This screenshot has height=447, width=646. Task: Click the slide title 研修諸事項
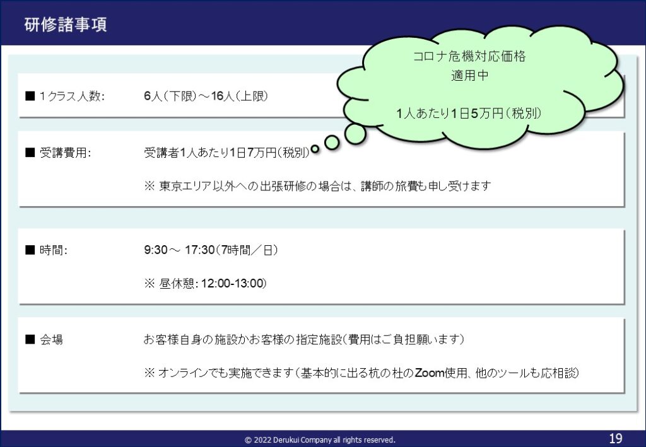66,25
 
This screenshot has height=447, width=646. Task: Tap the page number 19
616,438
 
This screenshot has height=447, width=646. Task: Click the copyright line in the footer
320,440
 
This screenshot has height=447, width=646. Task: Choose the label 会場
52,340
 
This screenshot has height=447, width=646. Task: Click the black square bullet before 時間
30,250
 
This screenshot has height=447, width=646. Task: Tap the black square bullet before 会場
30,339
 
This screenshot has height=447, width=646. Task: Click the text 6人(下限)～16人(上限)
206,96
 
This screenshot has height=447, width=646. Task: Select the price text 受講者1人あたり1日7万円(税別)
226,153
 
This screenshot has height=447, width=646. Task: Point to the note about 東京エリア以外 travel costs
317,186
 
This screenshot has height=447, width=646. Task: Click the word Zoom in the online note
429,373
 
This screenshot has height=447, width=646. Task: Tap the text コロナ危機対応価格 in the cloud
469,56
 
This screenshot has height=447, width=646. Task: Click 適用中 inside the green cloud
469,75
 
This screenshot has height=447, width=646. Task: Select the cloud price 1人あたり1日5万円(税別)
469,113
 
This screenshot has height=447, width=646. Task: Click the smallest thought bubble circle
315,149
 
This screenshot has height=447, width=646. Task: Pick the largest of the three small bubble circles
355,134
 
